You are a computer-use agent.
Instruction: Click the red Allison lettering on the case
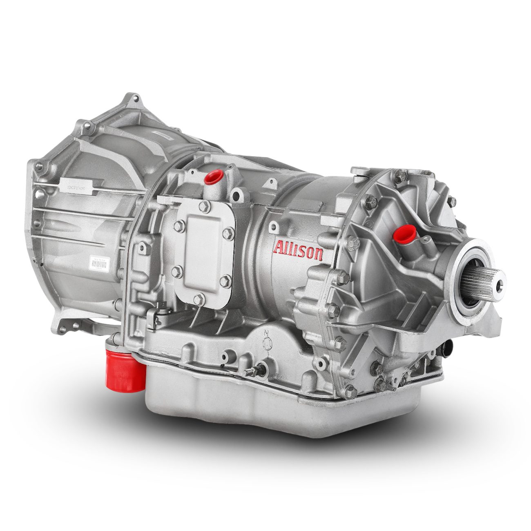(x=299, y=250)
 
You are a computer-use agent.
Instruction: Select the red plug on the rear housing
(x=402, y=233)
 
